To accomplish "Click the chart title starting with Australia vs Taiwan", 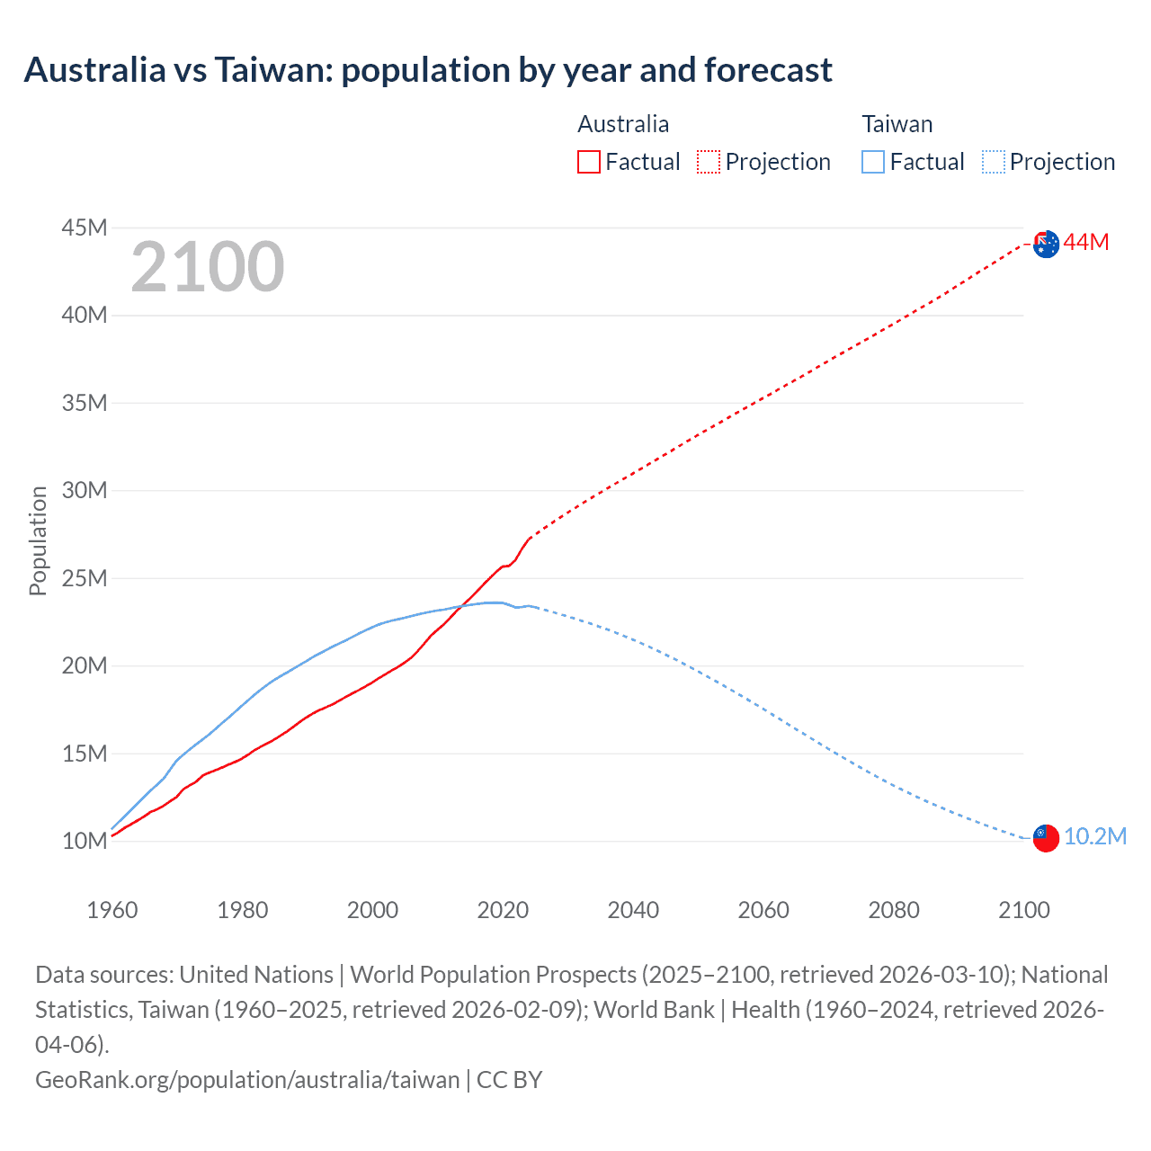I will click(x=428, y=70).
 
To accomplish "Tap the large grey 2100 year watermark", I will click(x=208, y=267).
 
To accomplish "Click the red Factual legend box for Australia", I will click(x=588, y=162).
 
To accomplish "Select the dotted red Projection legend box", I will click(x=709, y=162).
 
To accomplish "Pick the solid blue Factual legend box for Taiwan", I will click(x=872, y=162).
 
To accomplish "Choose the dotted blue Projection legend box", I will click(x=993, y=162).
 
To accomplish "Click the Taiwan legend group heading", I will click(x=897, y=124).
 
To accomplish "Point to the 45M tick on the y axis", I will click(x=85, y=228).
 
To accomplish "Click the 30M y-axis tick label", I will click(x=85, y=491).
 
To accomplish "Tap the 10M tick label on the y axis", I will click(x=85, y=842).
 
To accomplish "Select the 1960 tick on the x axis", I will click(x=112, y=910).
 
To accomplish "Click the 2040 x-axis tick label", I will click(x=633, y=910).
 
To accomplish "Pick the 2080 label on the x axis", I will click(x=894, y=910).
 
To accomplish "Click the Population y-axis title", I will click(x=38, y=540).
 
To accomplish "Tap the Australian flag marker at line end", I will click(x=1046, y=244).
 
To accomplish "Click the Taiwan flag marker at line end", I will click(x=1045, y=837).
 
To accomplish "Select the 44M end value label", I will click(x=1086, y=243).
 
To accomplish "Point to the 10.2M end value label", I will click(x=1094, y=837).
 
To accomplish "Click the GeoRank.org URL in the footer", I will click(x=247, y=1079).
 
